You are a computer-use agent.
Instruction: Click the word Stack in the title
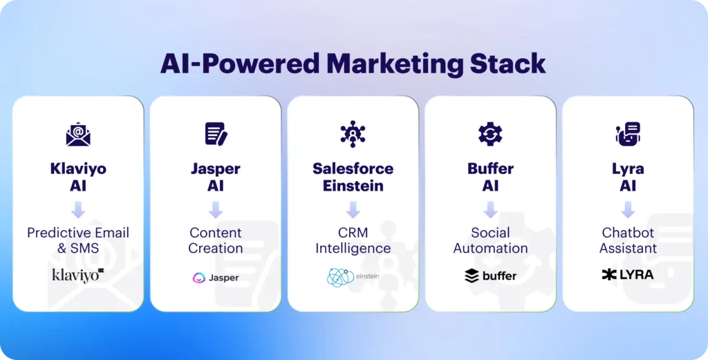click(507, 64)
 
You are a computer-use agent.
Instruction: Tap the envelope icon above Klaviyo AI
click(78, 134)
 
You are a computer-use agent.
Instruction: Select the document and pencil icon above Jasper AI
click(216, 134)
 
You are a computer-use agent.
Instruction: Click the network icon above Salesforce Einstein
click(353, 134)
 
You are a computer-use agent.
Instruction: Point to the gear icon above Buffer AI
click(490, 134)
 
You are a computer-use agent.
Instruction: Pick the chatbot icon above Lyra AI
click(628, 134)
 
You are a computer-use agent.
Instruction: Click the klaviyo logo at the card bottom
click(78, 275)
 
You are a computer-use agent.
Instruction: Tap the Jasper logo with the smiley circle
click(216, 278)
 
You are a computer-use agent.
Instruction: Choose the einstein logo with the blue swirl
click(353, 278)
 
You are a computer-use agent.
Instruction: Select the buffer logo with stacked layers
click(490, 275)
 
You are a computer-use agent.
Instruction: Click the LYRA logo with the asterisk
click(628, 274)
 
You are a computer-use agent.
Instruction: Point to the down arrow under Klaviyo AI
click(78, 210)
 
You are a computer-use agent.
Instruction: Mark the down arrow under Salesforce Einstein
click(353, 210)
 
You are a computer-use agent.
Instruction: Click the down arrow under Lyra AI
click(628, 210)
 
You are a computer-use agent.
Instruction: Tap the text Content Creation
click(216, 240)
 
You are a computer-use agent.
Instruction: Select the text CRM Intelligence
click(353, 240)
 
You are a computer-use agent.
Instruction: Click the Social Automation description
click(490, 240)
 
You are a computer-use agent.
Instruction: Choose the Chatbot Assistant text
click(628, 240)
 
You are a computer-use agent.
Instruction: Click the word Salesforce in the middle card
click(353, 169)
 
